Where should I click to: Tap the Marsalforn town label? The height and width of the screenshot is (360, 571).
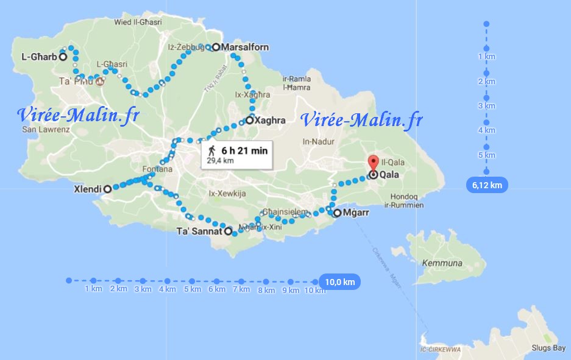[245, 47]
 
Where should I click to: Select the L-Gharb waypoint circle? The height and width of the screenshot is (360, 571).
[62, 57]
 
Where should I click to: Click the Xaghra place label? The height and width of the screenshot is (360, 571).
[271, 121]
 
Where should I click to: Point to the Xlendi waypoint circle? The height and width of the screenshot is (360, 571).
[107, 189]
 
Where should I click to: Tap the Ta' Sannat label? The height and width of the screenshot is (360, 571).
[199, 231]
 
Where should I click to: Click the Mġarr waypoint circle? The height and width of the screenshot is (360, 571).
[337, 213]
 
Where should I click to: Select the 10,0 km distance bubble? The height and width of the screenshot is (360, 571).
[339, 282]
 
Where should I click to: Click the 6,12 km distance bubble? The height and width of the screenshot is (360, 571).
[487, 184]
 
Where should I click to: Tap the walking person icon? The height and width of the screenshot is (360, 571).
[211, 150]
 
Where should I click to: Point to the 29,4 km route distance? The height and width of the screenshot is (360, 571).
[220, 161]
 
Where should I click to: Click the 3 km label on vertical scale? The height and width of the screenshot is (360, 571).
[486, 106]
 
